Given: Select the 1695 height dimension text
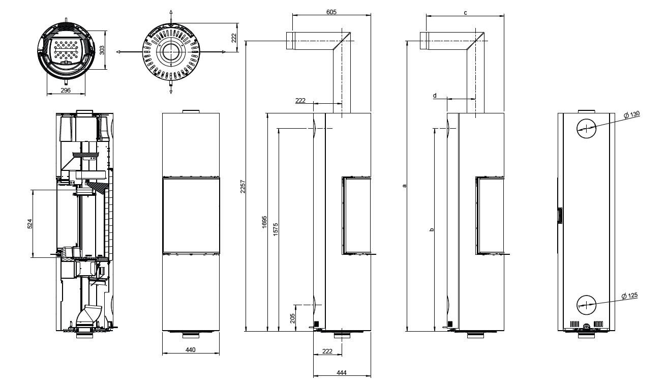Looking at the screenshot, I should (264, 222).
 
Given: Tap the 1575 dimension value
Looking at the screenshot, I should (276, 229).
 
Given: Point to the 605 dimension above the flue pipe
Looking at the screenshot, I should (331, 11).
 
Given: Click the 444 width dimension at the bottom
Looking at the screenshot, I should (342, 373).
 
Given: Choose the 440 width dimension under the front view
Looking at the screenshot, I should (191, 349).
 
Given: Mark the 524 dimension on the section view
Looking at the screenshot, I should (29, 223).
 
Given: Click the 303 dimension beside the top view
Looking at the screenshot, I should (102, 50).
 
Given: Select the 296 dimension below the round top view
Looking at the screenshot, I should (65, 90).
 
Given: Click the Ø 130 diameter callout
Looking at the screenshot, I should (631, 114).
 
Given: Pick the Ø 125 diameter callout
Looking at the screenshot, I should (629, 296).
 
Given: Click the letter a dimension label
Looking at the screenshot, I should (405, 186).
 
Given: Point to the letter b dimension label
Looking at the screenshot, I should (432, 230).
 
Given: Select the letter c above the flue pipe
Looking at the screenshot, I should (465, 12).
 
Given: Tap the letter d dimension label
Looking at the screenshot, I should (435, 95).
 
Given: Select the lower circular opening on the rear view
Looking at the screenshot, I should (586, 305).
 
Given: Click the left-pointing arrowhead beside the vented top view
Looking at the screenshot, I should (118, 52).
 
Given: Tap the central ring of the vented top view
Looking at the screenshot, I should (171, 52).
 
